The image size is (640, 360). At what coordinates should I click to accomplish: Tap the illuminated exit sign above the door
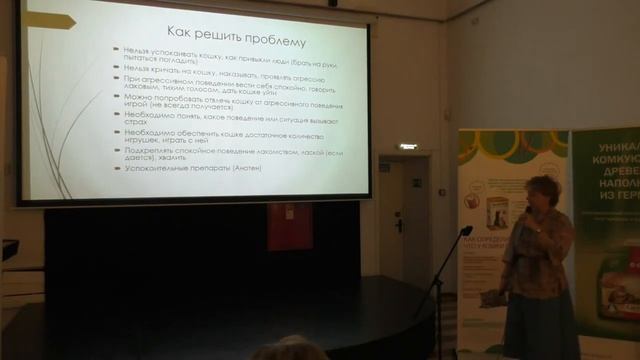408,147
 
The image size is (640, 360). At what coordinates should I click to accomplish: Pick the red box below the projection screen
282,224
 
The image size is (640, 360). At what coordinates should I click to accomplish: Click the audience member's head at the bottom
289,349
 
